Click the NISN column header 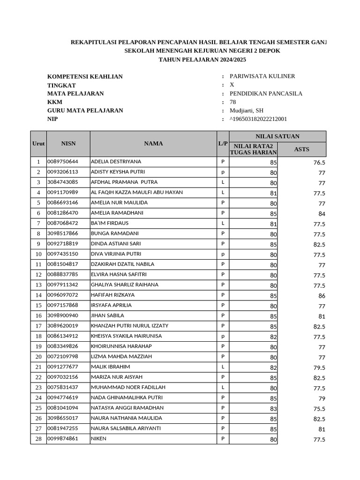coord(67,143)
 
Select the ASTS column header coord(301,150)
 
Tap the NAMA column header coord(153,143)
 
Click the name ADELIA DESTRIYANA coord(116,162)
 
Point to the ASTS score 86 coord(321,296)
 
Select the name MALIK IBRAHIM coord(110,367)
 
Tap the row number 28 coord(38,439)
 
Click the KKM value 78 coord(233,102)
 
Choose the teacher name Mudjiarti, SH coord(247,111)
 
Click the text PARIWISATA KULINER coord(262,76)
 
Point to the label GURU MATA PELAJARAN coord(85,111)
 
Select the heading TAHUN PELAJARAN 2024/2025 coord(202,60)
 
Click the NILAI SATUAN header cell coord(277,136)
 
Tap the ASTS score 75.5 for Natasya coord(319,409)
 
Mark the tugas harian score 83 coord(273,409)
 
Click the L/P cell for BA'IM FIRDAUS coord(223,223)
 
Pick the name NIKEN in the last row coord(98,439)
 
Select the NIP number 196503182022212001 coord(259,119)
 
